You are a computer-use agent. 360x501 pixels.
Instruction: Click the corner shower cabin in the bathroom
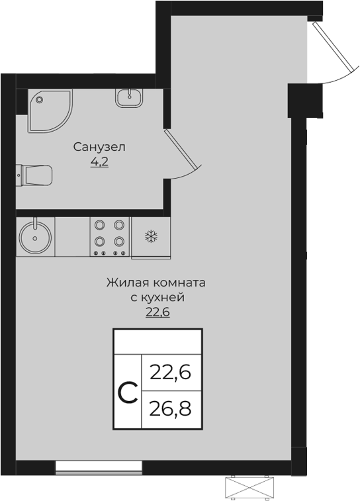(48, 109)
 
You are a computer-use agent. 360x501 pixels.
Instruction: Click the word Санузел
(99, 146)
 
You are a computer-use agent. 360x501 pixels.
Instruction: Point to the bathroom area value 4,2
(99, 161)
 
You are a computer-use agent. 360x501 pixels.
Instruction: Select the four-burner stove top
(110, 236)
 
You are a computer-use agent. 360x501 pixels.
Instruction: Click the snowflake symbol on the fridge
(151, 236)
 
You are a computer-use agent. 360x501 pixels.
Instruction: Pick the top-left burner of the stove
(101, 225)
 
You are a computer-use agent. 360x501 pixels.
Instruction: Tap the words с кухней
(157, 297)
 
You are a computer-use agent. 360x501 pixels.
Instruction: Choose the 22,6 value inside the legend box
(170, 373)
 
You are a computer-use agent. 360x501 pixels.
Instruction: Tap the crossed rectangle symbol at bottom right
(249, 488)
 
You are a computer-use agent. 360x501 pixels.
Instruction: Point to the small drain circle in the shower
(40, 100)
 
